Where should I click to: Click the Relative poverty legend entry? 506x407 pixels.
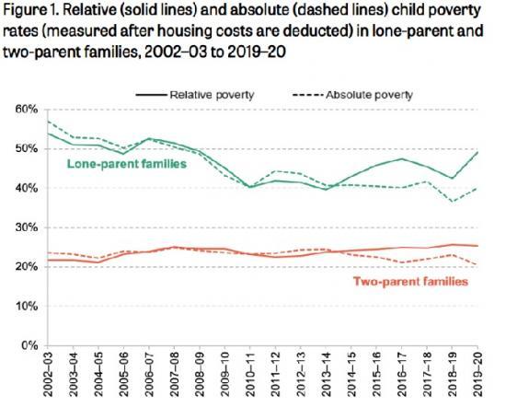coord(207,94)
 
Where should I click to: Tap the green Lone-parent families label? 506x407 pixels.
coord(126,163)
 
